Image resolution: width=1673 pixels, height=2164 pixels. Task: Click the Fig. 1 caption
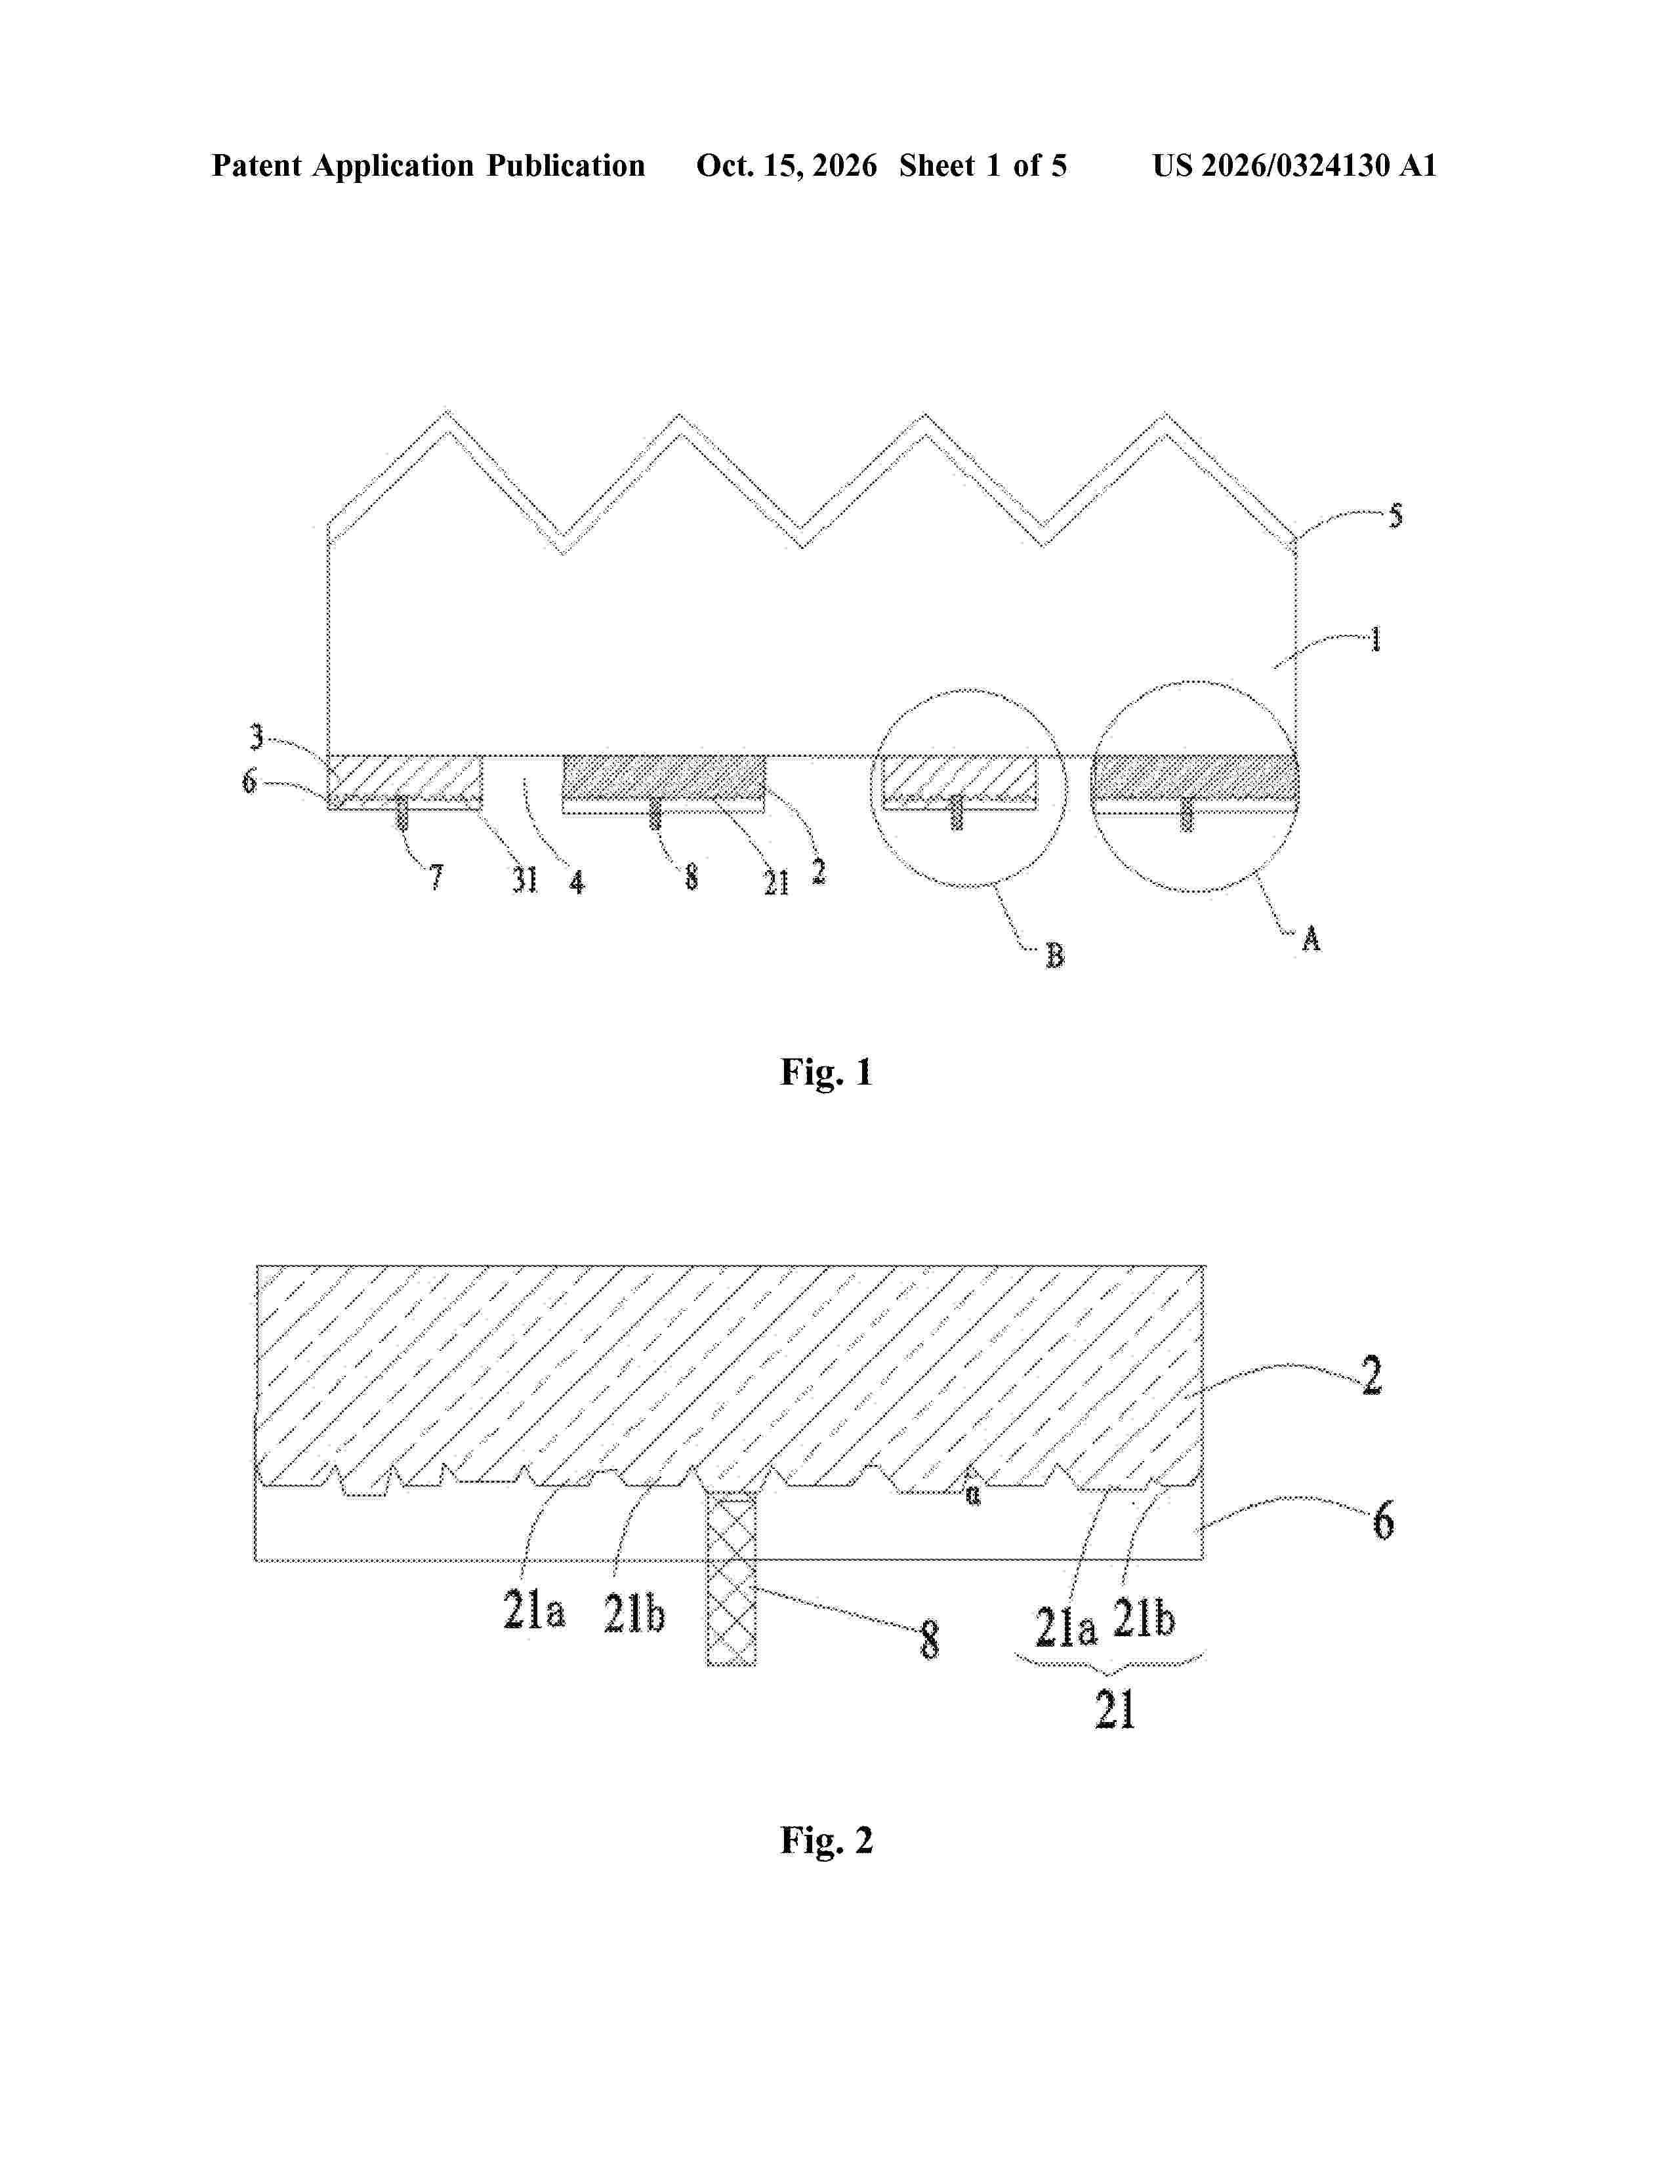[827, 1072]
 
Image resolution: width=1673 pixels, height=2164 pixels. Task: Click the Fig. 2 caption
[827, 1840]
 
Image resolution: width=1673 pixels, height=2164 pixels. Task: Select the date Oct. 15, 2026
[786, 165]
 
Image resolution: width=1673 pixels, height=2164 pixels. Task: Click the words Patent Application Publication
[428, 165]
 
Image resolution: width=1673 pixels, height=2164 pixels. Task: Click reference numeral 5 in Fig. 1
[1395, 515]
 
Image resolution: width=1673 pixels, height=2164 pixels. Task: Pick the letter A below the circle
[1312, 938]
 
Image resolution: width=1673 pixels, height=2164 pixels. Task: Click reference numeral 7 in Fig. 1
[436, 877]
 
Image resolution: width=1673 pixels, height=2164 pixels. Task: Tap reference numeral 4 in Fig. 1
[577, 881]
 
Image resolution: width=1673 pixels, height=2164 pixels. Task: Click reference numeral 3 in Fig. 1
[257, 736]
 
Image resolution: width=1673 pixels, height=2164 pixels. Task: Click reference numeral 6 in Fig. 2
[1384, 1520]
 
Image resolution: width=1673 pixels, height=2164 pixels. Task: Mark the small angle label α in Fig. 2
[973, 1494]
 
